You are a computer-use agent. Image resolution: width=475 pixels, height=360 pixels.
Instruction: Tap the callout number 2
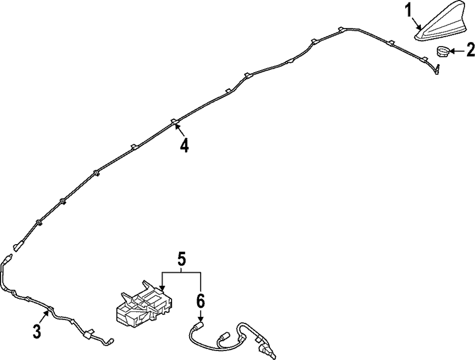point(470,50)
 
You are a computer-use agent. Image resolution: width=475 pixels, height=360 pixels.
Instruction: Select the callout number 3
point(37,331)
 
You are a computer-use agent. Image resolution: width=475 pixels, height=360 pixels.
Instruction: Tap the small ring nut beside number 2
point(443,51)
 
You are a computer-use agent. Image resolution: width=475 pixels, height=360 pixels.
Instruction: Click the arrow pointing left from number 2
point(457,51)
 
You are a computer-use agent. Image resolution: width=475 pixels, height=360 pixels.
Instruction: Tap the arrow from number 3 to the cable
point(45,317)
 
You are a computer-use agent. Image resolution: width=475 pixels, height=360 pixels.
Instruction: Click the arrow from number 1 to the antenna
point(417,24)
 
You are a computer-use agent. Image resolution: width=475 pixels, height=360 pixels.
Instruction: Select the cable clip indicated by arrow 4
point(174,122)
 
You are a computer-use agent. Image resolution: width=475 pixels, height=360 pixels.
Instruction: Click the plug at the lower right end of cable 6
point(267,351)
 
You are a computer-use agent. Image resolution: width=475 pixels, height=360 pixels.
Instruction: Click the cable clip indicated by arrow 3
point(50,310)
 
